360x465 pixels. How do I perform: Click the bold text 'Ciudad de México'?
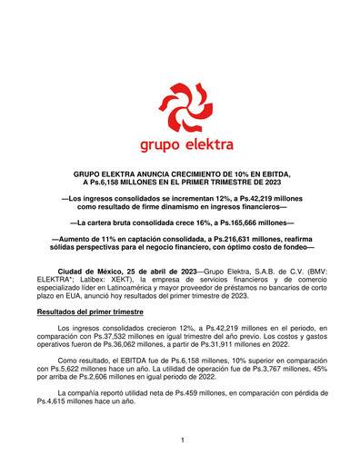click(88, 272)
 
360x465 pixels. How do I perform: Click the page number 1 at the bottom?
click(182, 440)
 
